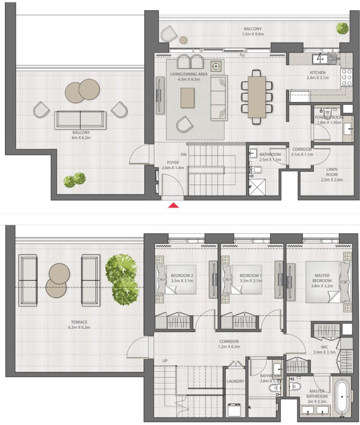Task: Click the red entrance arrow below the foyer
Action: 173,206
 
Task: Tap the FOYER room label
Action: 172,161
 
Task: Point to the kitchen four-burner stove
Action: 346,77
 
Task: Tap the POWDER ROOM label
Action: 328,117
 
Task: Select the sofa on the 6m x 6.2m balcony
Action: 80,120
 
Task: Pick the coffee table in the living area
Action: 188,97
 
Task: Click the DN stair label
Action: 184,155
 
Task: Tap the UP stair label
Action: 164,361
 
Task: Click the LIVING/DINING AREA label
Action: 189,74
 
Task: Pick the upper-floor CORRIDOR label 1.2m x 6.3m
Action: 229,341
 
